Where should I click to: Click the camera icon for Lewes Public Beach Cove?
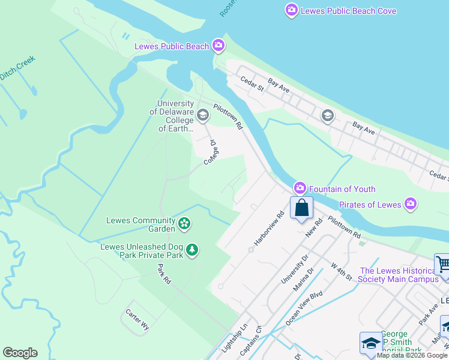click(x=292, y=10)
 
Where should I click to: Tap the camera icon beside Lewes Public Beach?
click(x=218, y=46)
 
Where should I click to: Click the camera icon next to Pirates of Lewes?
click(x=411, y=205)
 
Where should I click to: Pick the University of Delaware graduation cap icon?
click(x=203, y=115)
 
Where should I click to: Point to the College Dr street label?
click(x=210, y=153)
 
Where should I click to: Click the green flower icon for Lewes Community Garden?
click(x=184, y=225)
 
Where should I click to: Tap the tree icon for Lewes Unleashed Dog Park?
click(x=192, y=249)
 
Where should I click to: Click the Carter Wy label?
click(x=137, y=320)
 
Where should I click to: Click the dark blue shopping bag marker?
click(x=302, y=208)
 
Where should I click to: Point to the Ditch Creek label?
click(x=17, y=68)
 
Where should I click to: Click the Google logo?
click(x=20, y=353)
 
